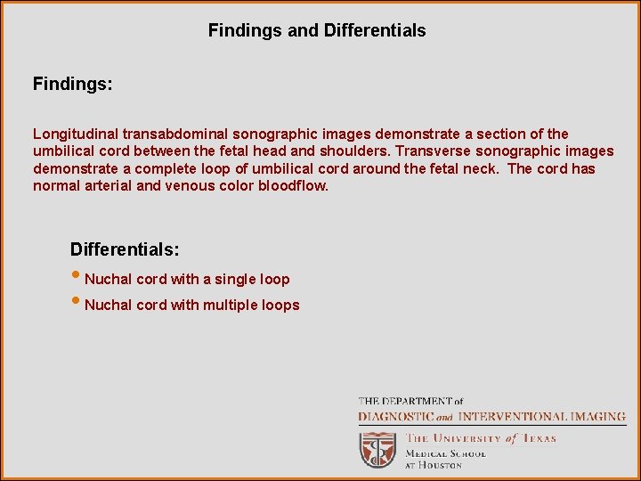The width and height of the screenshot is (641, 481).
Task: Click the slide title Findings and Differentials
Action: point(317,30)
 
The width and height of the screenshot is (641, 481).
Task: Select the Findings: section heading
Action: point(72,84)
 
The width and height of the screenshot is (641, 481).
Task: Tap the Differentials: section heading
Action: point(125,249)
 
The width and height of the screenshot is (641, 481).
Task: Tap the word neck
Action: point(482,168)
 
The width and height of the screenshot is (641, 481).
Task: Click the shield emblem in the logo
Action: point(377,449)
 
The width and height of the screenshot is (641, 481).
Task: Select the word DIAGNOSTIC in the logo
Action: point(395,416)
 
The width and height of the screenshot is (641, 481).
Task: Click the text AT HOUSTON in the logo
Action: point(434,465)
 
